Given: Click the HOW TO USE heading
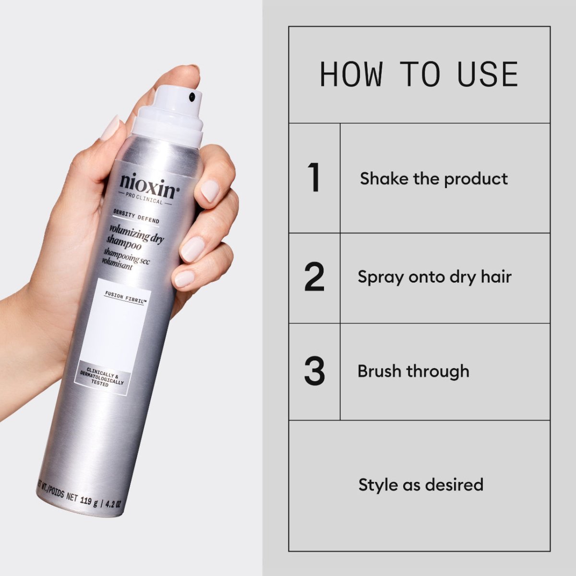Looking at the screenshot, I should click(x=419, y=74).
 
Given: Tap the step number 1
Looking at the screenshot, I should click(x=314, y=178).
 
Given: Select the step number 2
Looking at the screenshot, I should click(x=314, y=277).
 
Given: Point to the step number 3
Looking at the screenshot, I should click(x=314, y=371).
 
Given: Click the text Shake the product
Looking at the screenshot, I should click(x=433, y=179).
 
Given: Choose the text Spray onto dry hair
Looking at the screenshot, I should click(x=434, y=277).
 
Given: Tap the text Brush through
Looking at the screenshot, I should click(x=413, y=371).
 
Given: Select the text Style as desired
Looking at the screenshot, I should click(x=420, y=484).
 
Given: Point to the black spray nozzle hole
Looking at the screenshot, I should click(x=192, y=97).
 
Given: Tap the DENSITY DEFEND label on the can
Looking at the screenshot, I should click(x=136, y=217).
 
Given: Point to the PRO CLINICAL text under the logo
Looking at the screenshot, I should click(x=144, y=200).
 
